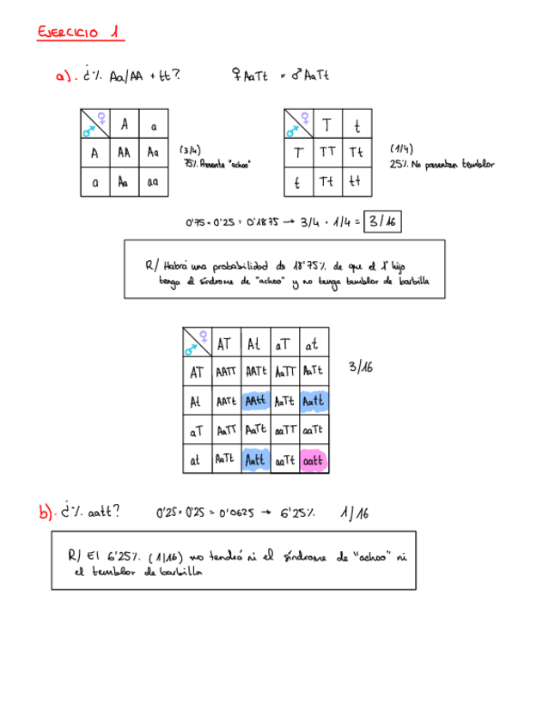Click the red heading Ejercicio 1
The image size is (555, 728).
point(80,33)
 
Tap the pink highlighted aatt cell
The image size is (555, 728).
point(314,461)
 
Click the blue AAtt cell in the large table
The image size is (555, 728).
point(255,401)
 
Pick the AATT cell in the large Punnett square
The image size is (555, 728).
point(226,372)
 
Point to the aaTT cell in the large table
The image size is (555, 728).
point(284,431)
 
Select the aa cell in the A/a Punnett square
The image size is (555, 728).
point(153,182)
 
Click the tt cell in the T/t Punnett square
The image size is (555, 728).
point(356,182)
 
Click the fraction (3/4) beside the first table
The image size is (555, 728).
point(190,149)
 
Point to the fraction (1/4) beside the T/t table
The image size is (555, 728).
point(401,149)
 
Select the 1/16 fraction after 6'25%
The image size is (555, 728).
point(353,513)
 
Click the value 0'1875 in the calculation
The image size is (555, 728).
point(257,222)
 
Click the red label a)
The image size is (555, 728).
point(63,77)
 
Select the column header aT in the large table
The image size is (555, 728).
point(284,344)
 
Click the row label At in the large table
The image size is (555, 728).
point(197,401)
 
